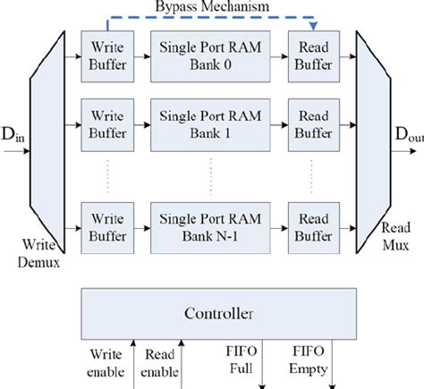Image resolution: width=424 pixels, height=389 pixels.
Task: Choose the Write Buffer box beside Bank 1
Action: [105, 126]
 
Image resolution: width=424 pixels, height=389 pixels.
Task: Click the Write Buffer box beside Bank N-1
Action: [105, 226]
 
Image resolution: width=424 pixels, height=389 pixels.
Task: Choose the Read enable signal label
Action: [158, 361]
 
